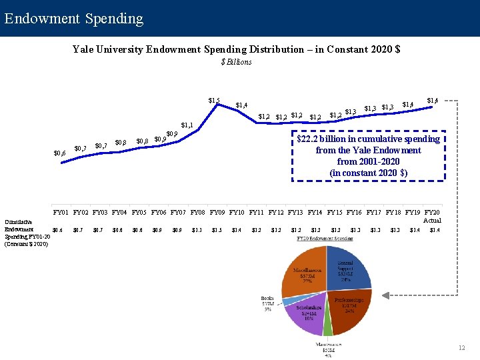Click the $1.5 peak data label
tap(214, 101)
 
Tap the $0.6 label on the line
tap(59, 153)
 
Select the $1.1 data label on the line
tap(187, 125)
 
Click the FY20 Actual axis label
tap(433, 216)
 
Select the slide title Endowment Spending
tap(73, 18)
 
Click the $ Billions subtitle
tap(236, 62)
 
